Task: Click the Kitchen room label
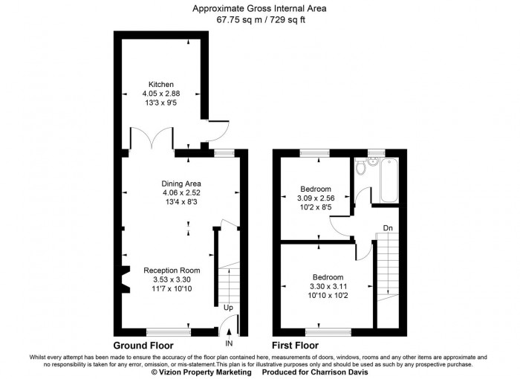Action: click(x=161, y=84)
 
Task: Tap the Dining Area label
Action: click(x=181, y=184)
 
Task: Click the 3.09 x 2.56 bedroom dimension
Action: click(x=316, y=199)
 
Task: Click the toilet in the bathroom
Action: click(x=360, y=169)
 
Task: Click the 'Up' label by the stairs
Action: click(x=228, y=307)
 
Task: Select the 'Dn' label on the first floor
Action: click(x=388, y=227)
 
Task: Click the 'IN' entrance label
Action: click(x=229, y=344)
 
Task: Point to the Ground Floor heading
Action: click(x=143, y=346)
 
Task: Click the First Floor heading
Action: click(x=295, y=346)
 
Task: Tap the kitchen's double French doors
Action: click(x=152, y=138)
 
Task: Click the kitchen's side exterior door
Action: click(x=219, y=130)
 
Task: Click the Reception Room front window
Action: click(x=167, y=331)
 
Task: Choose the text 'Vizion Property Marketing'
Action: click(x=199, y=373)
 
